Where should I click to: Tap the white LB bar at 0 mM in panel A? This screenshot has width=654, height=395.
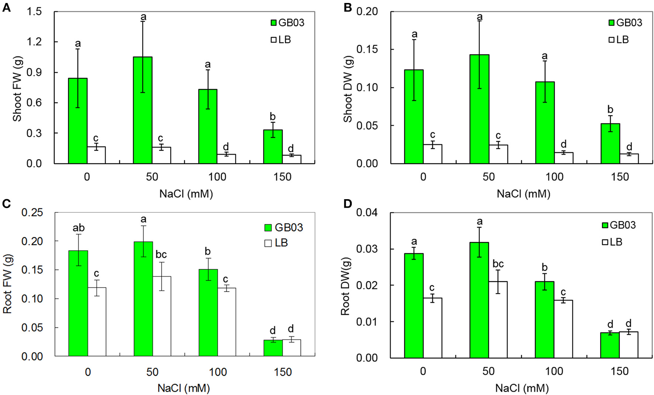pyautogui.click(x=96, y=155)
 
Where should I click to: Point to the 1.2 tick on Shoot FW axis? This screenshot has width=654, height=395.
pyautogui.click(x=34, y=42)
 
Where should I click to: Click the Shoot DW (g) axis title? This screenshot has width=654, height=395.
pyautogui.click(x=348, y=89)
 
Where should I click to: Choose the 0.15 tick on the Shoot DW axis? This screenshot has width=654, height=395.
pyautogui.click(x=367, y=50)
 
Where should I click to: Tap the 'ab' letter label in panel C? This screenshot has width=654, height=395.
pyautogui.click(x=78, y=228)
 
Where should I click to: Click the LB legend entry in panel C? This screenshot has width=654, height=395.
pyautogui.click(x=276, y=243)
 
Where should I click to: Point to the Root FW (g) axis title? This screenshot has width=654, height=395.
pyautogui.click(x=7, y=284)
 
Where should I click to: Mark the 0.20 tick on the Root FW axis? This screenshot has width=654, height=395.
pyautogui.click(x=32, y=241)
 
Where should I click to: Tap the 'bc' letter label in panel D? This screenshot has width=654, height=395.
pyautogui.click(x=498, y=264)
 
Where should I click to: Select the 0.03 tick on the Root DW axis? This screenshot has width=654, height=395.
pyautogui.click(x=367, y=249)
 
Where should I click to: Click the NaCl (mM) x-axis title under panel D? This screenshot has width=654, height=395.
pyautogui.click(x=522, y=388)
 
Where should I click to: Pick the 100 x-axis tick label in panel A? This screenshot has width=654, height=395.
pyautogui.click(x=217, y=177)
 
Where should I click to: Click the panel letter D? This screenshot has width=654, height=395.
pyautogui.click(x=347, y=204)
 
